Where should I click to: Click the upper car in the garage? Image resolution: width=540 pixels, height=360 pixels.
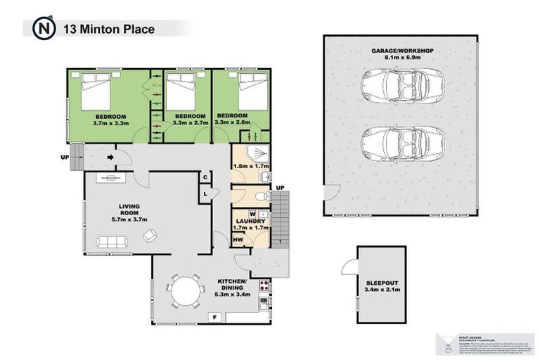click(399, 89)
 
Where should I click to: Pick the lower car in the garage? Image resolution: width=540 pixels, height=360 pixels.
click(399, 143)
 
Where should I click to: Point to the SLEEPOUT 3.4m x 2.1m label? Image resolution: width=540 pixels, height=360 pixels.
click(381, 285)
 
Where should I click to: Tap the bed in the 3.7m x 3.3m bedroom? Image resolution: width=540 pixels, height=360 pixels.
click(92, 90)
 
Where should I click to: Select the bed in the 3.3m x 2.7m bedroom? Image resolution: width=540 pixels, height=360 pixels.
click(185, 90)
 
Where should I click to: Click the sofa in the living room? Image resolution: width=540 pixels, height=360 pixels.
click(112, 243)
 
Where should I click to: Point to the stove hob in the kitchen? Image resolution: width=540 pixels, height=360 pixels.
click(266, 285)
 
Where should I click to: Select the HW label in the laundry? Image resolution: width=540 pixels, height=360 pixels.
click(238, 240)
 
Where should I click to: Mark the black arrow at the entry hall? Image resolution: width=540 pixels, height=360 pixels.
click(111, 158)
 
